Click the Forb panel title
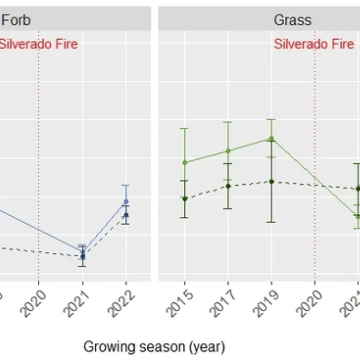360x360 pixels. [16, 20]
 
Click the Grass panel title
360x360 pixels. [292, 20]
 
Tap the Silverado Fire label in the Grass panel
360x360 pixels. [314, 44]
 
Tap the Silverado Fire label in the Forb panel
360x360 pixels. [38, 44]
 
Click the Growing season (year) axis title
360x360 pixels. [154, 347]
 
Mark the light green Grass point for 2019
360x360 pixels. [272, 138]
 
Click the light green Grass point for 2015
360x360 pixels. [185, 163]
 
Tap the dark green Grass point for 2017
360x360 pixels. [228, 186]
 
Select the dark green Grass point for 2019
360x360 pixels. [272, 182]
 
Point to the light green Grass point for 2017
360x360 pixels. [228, 151]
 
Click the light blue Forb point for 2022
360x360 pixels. [126, 201]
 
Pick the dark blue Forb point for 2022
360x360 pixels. [126, 215]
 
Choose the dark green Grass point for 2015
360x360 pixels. [185, 199]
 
